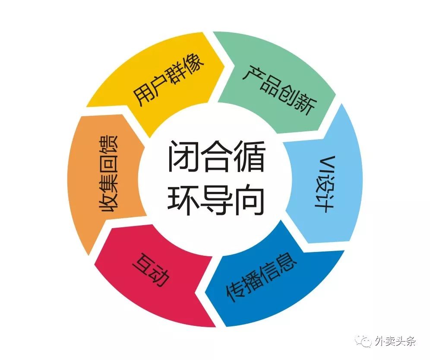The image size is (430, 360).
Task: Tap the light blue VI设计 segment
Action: click(324, 182)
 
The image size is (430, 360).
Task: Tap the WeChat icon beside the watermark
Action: click(364, 341)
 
